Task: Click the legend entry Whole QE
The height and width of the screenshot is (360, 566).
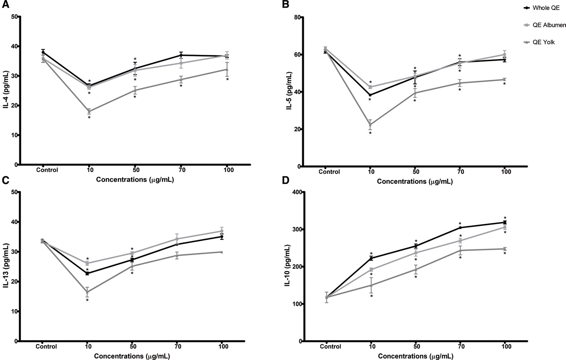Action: point(546,8)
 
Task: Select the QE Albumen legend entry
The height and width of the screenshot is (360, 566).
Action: point(549,25)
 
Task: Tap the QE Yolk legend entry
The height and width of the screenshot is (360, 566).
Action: point(544,42)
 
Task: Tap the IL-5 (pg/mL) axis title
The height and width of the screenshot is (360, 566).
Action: point(289,91)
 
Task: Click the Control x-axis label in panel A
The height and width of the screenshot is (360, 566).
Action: point(47,170)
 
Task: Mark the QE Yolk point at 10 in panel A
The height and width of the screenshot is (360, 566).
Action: point(89,111)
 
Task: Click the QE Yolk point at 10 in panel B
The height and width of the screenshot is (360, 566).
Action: point(370,125)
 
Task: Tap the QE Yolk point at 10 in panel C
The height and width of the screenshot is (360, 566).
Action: point(87,292)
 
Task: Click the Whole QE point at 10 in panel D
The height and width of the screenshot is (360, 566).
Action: point(371,258)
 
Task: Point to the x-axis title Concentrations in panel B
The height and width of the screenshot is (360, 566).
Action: point(415,181)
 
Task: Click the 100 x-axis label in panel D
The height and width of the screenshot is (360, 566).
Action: point(506,347)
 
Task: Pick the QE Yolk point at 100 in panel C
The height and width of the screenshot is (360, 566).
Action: point(221,252)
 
